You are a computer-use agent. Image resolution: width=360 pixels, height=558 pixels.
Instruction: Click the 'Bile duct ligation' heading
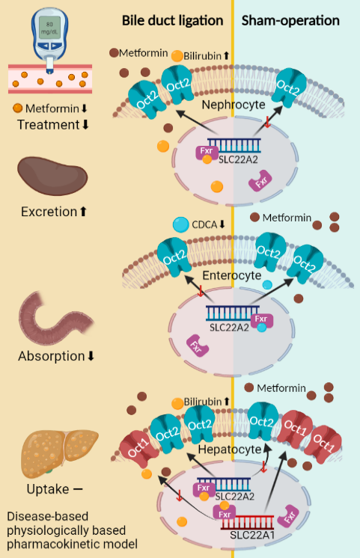[x=172, y=21]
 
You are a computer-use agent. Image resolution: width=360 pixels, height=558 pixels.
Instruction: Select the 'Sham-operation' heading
[x=290, y=21]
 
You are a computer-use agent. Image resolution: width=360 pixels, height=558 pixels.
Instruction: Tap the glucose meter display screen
[x=49, y=28]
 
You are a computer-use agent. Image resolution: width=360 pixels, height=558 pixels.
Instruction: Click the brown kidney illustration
[x=52, y=176]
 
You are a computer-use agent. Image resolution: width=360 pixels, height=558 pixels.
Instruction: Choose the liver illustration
[x=59, y=451]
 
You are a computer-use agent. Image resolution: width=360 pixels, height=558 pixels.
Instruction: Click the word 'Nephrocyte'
[x=234, y=105]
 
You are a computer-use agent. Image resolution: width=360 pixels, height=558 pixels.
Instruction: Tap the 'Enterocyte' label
[x=232, y=275]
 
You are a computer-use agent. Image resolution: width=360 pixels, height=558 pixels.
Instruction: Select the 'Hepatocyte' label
[x=230, y=449]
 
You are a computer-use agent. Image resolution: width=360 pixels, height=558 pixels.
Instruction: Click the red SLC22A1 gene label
[x=252, y=535]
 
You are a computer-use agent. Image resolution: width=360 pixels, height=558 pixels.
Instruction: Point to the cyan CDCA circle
[x=180, y=224]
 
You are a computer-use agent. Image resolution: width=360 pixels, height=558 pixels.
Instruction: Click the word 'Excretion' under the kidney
[x=49, y=212]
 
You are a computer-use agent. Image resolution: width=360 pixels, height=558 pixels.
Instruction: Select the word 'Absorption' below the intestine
[x=52, y=356]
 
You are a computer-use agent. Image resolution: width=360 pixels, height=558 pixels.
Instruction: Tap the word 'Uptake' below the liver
[x=48, y=489]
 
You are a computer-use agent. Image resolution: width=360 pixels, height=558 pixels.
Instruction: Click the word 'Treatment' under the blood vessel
[x=48, y=125]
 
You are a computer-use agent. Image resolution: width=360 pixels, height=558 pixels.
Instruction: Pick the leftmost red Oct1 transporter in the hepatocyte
[x=139, y=448]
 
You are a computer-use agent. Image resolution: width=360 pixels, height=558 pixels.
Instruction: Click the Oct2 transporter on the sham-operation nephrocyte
[x=289, y=88]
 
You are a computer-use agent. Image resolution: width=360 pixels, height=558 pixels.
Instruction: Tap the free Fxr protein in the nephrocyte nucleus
[x=260, y=181]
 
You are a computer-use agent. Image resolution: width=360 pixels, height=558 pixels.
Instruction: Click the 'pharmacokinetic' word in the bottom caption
[x=72, y=544]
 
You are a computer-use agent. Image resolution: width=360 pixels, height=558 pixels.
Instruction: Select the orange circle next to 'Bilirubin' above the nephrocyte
[x=177, y=56]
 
